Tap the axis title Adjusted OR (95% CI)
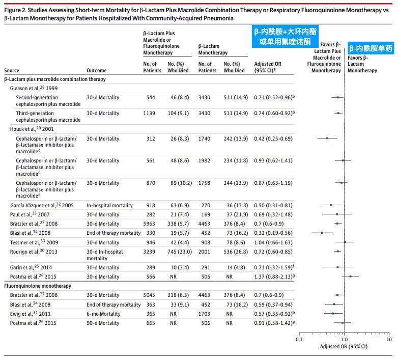click(344, 347)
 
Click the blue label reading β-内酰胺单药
click(371, 49)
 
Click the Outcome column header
click(97, 71)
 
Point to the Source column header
click(12, 71)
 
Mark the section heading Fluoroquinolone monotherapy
click(37, 286)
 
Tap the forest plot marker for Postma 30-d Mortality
click(350, 276)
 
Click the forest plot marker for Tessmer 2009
click(345, 242)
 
